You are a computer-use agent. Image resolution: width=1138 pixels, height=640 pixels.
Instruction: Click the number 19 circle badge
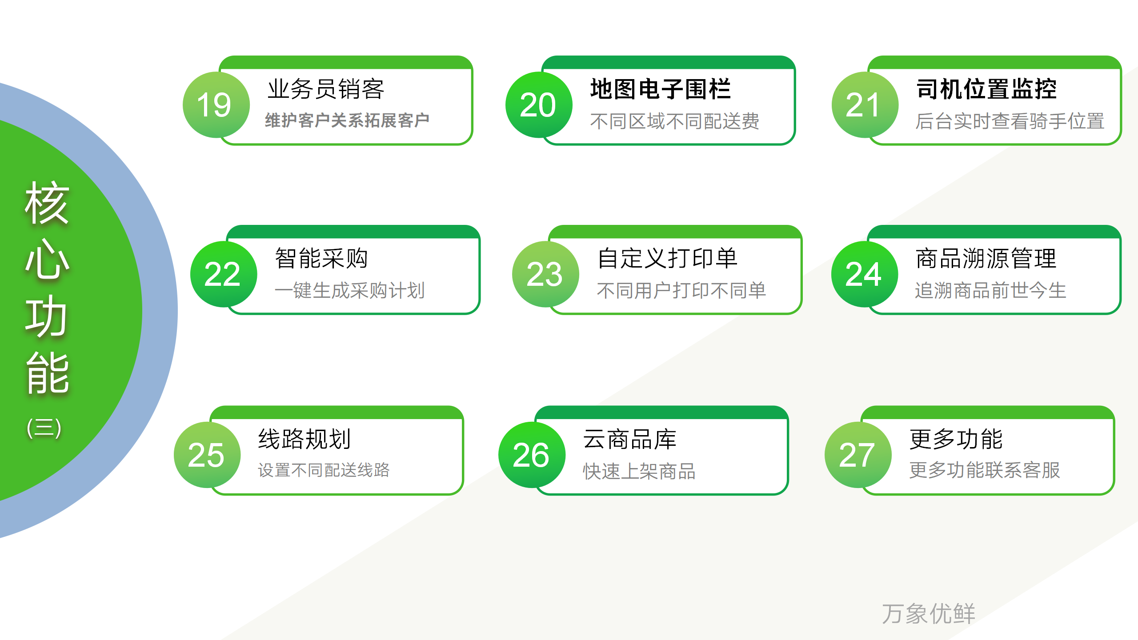(216, 105)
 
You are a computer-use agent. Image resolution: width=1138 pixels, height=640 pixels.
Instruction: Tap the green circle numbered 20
(539, 105)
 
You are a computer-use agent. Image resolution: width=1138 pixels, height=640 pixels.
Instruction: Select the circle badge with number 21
(865, 105)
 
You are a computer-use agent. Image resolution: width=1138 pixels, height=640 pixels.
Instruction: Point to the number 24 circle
(865, 274)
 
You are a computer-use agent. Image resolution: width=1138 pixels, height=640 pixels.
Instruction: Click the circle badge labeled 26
(532, 455)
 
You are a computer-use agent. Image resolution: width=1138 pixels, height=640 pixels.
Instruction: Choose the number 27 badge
(858, 455)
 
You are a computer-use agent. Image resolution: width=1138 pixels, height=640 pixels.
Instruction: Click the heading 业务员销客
(326, 89)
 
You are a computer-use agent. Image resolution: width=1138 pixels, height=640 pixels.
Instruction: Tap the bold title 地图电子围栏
(661, 89)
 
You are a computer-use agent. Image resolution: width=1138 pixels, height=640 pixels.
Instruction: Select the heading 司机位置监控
(987, 89)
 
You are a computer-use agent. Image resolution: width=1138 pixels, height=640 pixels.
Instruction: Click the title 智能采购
(321, 258)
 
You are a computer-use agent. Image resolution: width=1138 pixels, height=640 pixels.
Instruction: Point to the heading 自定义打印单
(667, 258)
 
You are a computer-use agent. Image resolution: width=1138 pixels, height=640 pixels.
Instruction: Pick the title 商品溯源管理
(986, 258)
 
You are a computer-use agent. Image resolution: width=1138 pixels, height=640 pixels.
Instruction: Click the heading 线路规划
(305, 439)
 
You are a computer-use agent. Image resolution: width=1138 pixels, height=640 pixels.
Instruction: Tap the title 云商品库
(630, 439)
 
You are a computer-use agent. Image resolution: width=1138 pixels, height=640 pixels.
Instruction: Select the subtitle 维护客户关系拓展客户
(347, 120)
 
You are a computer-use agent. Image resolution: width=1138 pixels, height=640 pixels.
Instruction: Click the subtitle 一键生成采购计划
(350, 291)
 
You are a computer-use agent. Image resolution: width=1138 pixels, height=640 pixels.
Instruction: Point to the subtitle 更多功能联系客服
(985, 470)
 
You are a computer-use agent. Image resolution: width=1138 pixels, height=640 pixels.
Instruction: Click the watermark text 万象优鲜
(929, 614)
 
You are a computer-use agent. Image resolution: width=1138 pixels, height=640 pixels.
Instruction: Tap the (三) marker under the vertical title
(44, 428)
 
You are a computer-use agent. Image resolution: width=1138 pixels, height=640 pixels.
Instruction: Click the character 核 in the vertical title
(47, 203)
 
